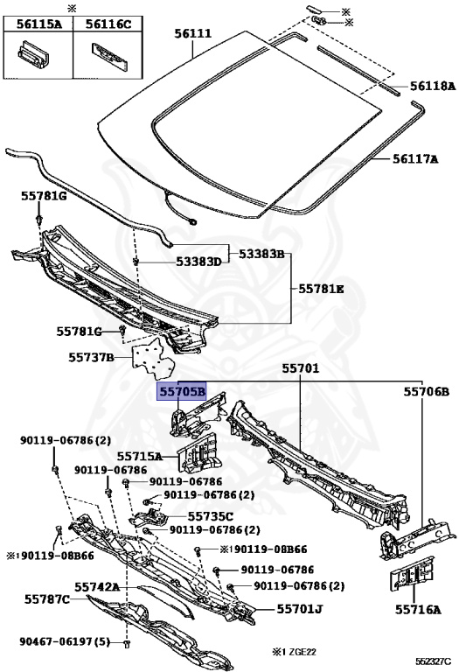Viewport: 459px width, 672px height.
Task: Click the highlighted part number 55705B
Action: (x=182, y=392)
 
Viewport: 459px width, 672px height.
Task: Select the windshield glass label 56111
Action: (x=192, y=33)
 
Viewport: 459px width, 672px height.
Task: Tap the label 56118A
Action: (x=433, y=86)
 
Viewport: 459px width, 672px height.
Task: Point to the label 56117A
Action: (x=415, y=159)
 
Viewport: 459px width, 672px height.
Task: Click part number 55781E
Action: (x=321, y=289)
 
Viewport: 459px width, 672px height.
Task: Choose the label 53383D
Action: (x=198, y=262)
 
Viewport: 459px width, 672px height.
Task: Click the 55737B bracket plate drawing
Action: (x=153, y=359)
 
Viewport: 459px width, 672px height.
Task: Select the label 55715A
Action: (x=140, y=457)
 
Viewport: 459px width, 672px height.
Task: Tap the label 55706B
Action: (x=427, y=392)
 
